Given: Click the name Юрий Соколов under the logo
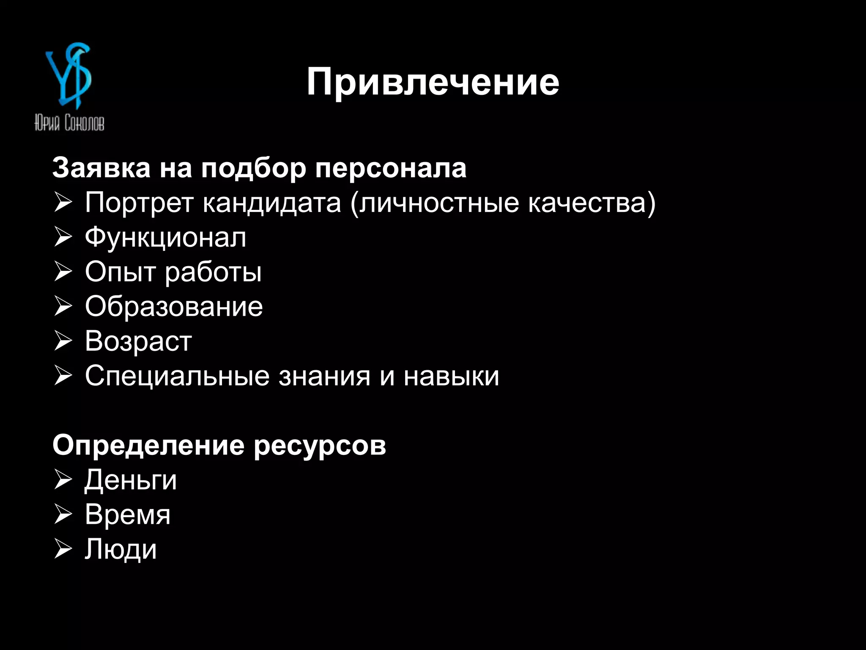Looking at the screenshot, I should [x=69, y=123].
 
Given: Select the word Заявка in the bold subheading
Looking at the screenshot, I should [x=101, y=168].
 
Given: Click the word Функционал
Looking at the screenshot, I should [x=165, y=238].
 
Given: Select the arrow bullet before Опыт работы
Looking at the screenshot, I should [x=63, y=272].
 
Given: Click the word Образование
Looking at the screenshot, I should [x=174, y=307].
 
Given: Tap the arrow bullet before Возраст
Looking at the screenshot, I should [x=63, y=342].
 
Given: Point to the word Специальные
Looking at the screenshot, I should [x=177, y=376].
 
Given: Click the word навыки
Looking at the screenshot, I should [x=451, y=376].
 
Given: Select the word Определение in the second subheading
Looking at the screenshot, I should [x=148, y=446].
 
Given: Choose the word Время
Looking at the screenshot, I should [x=128, y=515].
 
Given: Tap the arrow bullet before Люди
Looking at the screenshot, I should [x=63, y=550].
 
